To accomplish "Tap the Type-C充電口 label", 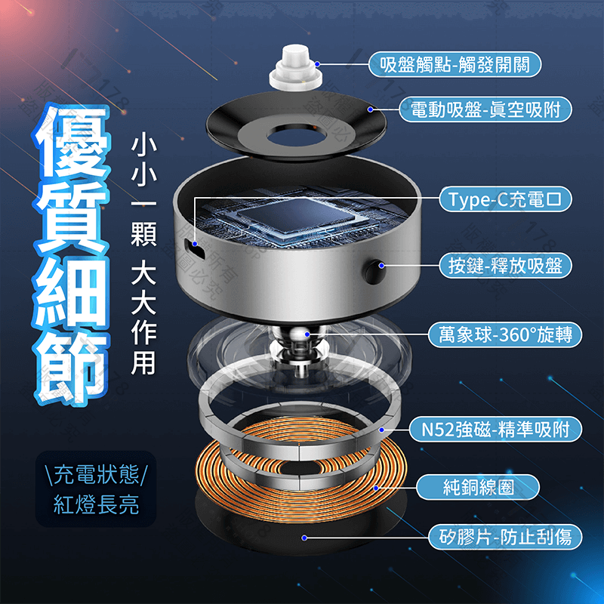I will pyautogui.click(x=505, y=199).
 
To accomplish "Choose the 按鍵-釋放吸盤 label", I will pyautogui.click(x=505, y=265).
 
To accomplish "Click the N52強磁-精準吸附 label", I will pyautogui.click(x=497, y=430).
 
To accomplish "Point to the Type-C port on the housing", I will pyautogui.click(x=195, y=245).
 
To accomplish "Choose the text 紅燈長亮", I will pyautogui.click(x=96, y=505).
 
